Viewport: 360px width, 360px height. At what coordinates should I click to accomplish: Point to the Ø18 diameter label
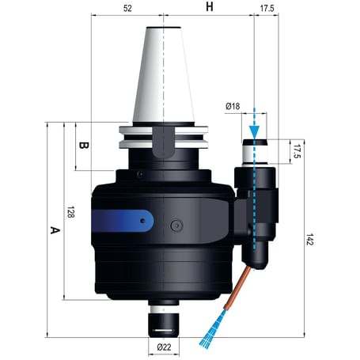(233, 105)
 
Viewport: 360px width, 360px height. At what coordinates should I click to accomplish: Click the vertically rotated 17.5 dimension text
(297, 150)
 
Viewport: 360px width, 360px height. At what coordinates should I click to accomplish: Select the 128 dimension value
(70, 212)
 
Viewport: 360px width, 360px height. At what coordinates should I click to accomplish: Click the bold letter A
(54, 230)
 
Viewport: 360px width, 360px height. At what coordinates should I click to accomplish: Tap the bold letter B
(84, 146)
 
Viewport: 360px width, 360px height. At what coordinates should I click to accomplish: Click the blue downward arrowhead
(254, 130)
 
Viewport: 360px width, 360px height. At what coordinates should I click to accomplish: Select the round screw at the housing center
(173, 227)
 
